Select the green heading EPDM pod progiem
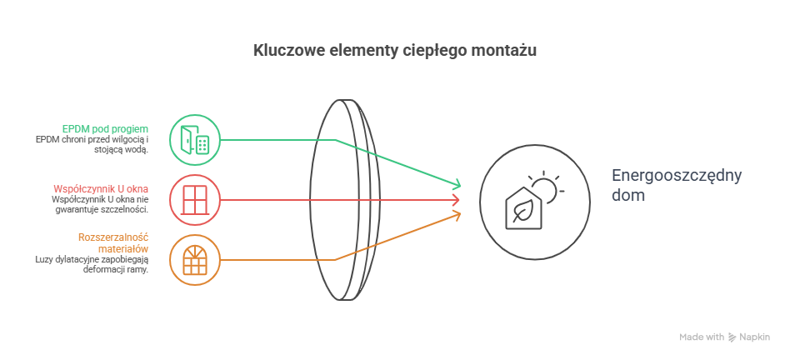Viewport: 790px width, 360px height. (106, 129)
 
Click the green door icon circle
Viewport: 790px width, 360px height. (195, 139)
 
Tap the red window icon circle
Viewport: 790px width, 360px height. (195, 200)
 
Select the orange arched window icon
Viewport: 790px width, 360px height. (195, 260)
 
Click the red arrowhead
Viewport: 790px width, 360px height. (455, 200)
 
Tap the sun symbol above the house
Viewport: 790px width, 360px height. (546, 185)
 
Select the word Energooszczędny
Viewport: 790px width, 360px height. (676, 176)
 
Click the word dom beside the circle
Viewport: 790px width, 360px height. (627, 196)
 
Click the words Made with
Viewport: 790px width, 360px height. (701, 337)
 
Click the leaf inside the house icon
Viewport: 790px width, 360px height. (523, 212)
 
